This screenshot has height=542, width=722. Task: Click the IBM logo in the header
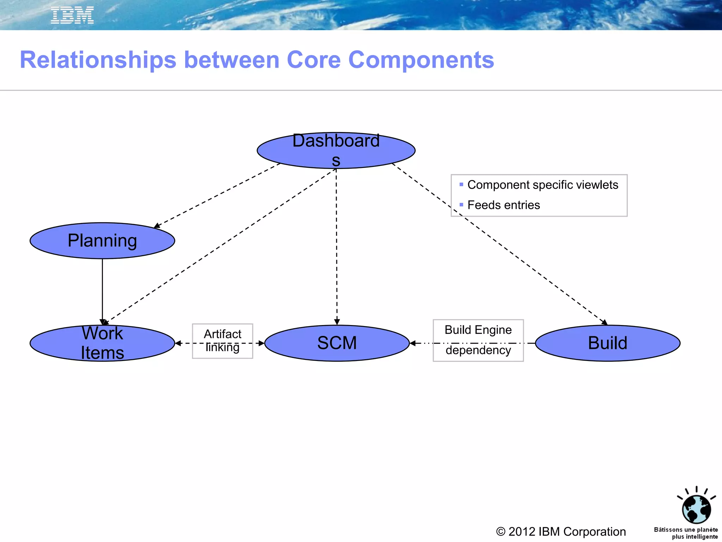72,16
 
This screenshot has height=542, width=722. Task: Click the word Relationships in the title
98,60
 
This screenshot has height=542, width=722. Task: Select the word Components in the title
421,60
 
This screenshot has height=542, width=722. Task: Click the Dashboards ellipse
336,151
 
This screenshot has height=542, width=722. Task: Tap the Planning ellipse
102,241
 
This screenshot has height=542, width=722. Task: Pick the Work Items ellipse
102,343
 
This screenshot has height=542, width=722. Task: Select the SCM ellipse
337,343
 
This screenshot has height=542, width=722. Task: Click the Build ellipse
607,343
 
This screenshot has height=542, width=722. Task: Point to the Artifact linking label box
222,341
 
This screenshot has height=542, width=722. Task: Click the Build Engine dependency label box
478,340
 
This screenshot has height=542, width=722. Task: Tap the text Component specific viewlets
543,185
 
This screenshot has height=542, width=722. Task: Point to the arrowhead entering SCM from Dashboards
337,322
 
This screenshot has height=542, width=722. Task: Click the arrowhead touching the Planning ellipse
157,226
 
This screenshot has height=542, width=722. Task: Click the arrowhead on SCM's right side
413,343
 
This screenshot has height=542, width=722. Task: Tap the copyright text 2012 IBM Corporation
561,531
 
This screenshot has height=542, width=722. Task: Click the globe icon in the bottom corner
696,508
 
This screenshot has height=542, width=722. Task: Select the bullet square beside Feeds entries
461,205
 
